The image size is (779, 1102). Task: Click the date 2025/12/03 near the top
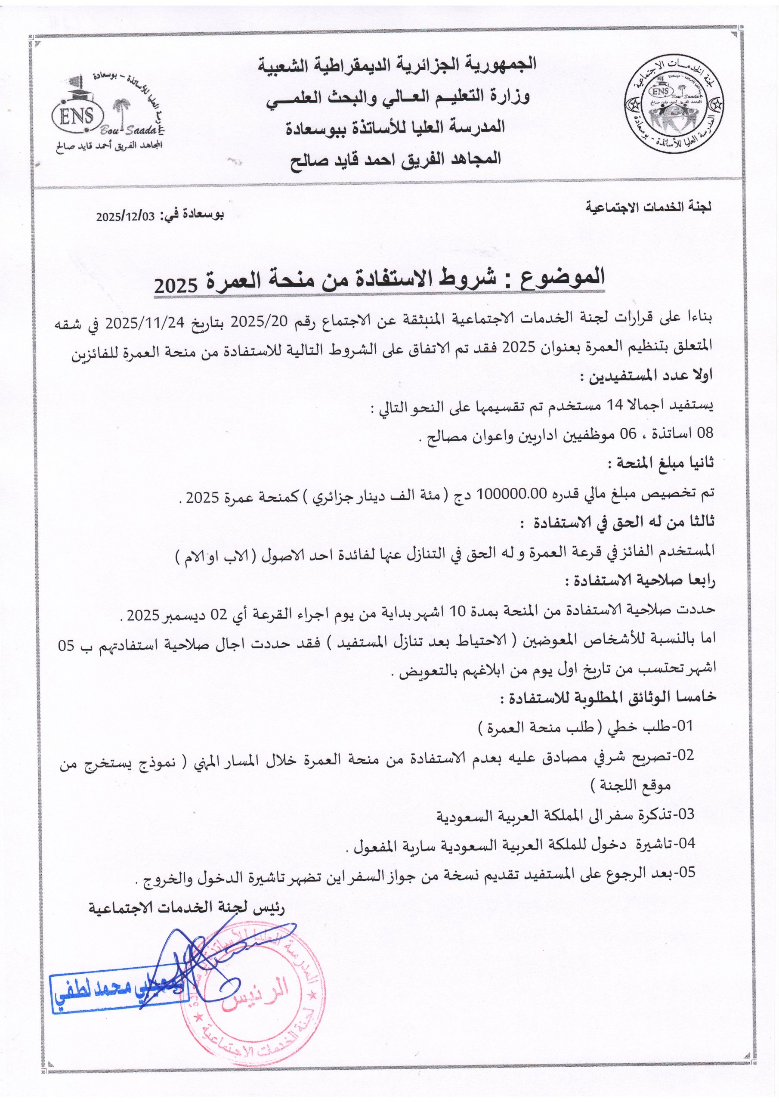click(126, 216)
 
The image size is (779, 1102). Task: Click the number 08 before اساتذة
click(705, 434)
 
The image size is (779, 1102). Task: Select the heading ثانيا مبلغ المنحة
click(661, 463)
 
